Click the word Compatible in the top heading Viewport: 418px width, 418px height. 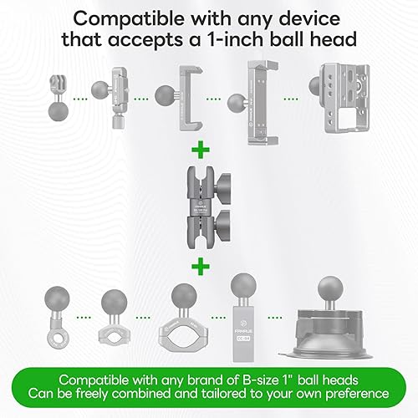129,19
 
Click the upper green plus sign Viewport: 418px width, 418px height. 201,150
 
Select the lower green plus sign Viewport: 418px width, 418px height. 201,267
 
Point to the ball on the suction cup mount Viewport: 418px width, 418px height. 330,289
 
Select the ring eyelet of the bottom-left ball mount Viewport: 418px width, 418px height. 57,338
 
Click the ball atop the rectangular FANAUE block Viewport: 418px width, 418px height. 243,286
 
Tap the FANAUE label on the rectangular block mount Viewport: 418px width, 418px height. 243,332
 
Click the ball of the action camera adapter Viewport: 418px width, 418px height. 59,112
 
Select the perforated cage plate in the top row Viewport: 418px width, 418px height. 345,98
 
